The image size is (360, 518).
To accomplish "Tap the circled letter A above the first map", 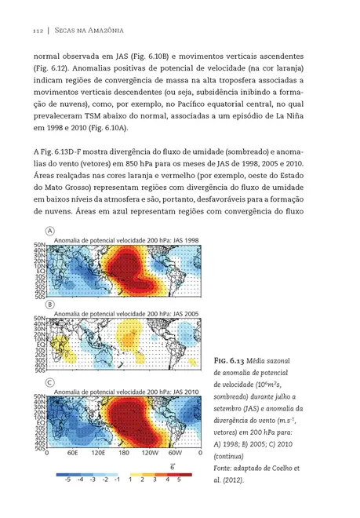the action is pos(50,232).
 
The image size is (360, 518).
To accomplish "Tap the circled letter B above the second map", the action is pos(50,304).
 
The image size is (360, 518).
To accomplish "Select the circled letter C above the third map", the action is pos(50,382).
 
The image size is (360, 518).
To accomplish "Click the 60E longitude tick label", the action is pos(72,454).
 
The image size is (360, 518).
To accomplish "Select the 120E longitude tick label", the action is pos(99,454).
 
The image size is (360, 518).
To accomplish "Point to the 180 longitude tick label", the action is pos(123,454).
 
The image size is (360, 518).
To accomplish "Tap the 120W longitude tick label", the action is pos(149,454).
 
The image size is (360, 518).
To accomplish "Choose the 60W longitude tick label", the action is pos(175,454).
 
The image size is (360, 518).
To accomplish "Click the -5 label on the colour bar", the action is pos(68,478).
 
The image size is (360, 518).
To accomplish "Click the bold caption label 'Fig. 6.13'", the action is pos(230,360).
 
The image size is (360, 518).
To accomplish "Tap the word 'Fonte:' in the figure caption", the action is pos(225,467).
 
